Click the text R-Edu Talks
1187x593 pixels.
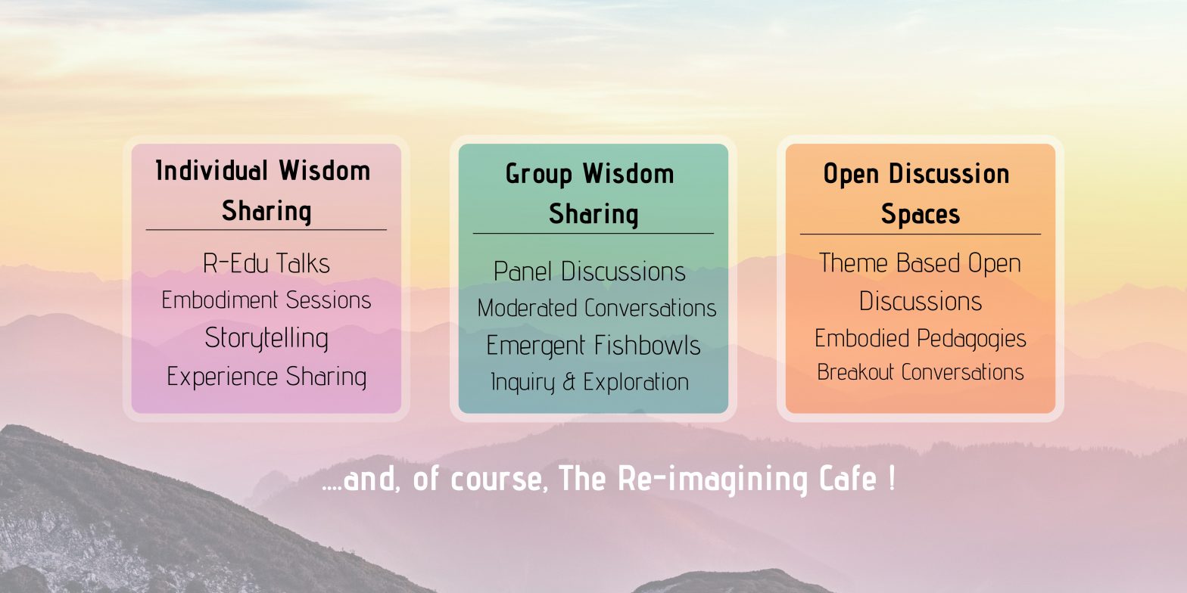pyautogui.click(x=266, y=263)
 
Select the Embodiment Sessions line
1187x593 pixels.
pyautogui.click(x=266, y=300)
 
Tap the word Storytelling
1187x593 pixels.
pyautogui.click(x=266, y=338)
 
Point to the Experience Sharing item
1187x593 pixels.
pyautogui.click(x=266, y=376)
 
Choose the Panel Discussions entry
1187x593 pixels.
pyautogui.click(x=590, y=272)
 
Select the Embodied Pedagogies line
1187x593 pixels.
pyautogui.click(x=921, y=338)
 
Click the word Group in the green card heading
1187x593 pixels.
pyautogui.click(x=537, y=174)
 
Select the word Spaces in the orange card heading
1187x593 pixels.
pyautogui.click(x=921, y=214)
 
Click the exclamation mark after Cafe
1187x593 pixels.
pyautogui.click(x=890, y=480)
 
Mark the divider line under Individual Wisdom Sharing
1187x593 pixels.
pyautogui.click(x=266, y=229)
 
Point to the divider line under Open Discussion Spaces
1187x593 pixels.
pyautogui.click(x=921, y=234)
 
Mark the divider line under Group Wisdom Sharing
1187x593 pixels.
pyautogui.click(x=593, y=233)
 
